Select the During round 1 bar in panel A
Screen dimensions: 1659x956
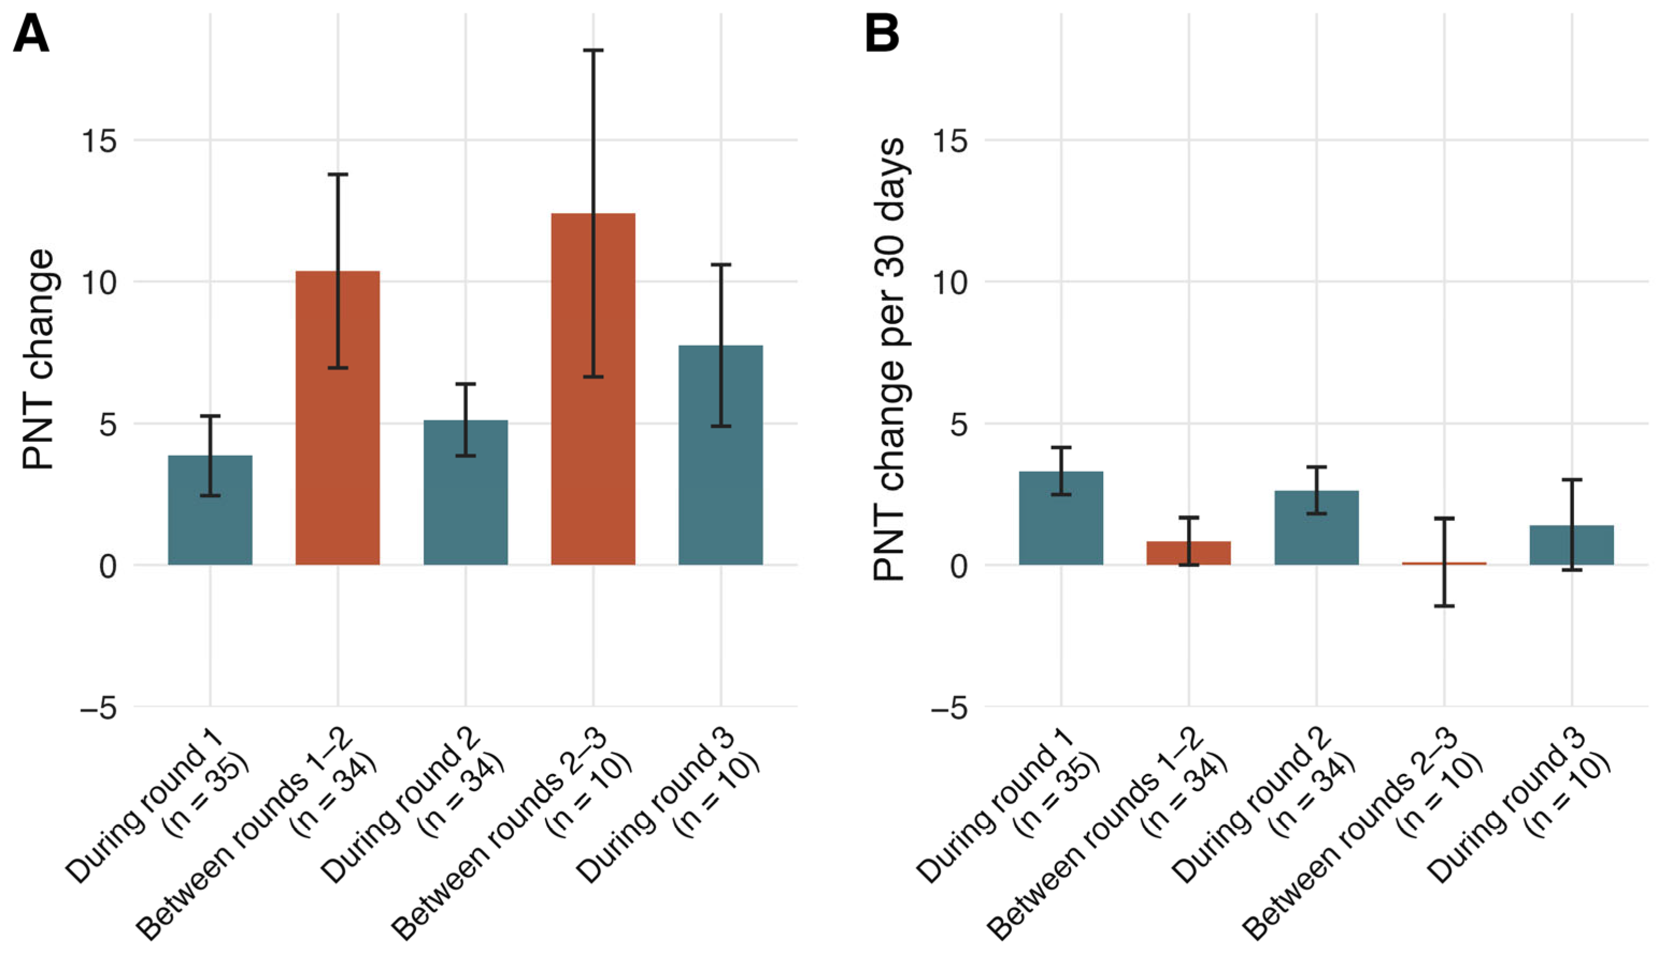pyautogui.click(x=210, y=509)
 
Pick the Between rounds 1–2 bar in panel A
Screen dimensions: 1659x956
pyautogui.click(x=338, y=418)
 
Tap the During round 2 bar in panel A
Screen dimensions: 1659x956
pyautogui.click(x=466, y=492)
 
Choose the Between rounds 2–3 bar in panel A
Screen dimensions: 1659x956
pyautogui.click(x=593, y=389)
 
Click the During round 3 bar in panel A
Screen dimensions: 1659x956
pyautogui.click(x=721, y=455)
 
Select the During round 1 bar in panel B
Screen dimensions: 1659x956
pyautogui.click(x=1061, y=518)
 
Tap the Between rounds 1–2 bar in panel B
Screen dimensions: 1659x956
pyautogui.click(x=1189, y=553)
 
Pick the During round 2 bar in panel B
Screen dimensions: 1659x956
pyautogui.click(x=1316, y=527)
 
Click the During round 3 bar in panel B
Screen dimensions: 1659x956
pyautogui.click(x=1571, y=545)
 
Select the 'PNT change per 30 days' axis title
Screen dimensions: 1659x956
pyautogui.click(x=890, y=359)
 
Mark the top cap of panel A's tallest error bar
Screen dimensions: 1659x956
pyautogui.click(x=593, y=50)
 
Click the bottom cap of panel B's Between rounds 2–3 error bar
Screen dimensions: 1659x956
pyautogui.click(x=1444, y=605)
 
